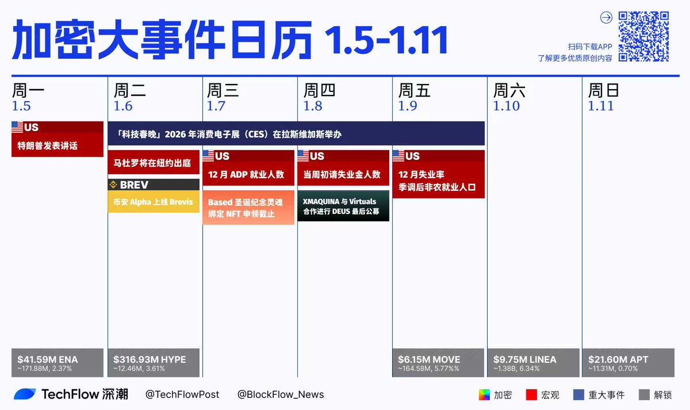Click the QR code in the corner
click(643, 36)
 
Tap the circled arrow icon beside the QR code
click(606, 18)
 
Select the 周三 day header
click(223, 90)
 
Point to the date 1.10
click(506, 106)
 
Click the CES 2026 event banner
click(296, 133)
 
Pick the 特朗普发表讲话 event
click(57, 139)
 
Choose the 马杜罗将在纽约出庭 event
click(154, 162)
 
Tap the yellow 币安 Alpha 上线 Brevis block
click(154, 202)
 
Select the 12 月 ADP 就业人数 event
click(248, 168)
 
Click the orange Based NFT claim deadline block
click(248, 208)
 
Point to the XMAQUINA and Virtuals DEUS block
click(343, 206)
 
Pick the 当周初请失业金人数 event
click(343, 168)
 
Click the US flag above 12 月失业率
click(398, 156)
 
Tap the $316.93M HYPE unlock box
click(154, 363)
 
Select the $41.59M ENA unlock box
click(57, 363)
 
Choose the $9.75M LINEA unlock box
click(533, 363)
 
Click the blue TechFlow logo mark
click(25, 394)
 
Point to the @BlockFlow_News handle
click(281, 394)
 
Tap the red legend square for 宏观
click(531, 395)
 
